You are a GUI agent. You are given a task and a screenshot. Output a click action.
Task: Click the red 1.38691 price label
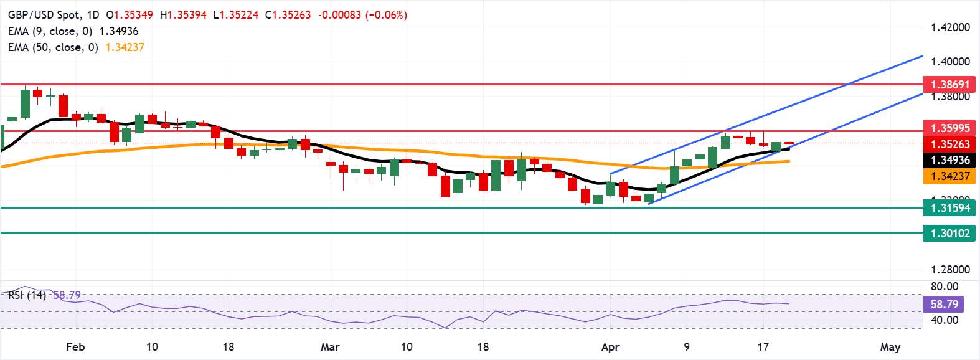click(949, 85)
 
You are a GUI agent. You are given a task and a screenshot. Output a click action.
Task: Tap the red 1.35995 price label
click(949, 128)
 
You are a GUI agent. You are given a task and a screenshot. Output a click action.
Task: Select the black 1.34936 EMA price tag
click(949, 160)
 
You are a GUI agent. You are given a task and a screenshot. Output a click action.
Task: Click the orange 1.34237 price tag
click(949, 176)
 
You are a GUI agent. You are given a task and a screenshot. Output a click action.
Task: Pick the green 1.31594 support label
click(949, 208)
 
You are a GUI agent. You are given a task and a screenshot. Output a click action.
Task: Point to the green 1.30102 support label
click(949, 234)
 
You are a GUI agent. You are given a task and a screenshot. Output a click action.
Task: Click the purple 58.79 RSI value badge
click(944, 305)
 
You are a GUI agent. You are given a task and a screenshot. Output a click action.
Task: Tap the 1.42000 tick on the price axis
click(950, 27)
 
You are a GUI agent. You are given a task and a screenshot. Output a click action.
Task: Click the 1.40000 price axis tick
click(950, 62)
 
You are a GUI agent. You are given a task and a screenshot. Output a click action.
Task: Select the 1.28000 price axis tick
click(950, 270)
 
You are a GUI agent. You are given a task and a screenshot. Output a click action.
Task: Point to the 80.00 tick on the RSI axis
click(944, 287)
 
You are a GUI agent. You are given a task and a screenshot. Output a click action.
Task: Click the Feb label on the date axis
click(75, 347)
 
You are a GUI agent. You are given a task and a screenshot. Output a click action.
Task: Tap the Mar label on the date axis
click(330, 347)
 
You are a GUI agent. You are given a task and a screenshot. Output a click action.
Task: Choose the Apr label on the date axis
click(610, 347)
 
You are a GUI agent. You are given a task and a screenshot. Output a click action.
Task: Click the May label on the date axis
click(890, 347)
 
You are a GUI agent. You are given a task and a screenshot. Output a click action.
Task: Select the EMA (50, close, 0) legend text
click(53, 47)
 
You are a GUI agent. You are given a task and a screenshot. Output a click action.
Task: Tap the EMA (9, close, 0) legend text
click(50, 31)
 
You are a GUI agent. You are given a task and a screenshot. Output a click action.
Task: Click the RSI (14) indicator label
click(27, 295)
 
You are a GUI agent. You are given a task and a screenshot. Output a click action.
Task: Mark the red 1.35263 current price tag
click(949, 144)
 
